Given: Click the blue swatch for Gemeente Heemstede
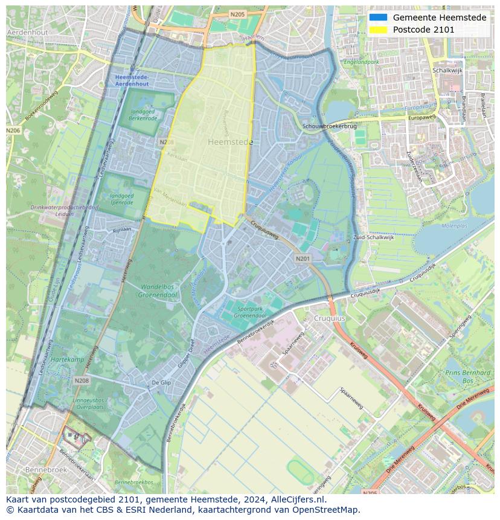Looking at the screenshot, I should [378, 18].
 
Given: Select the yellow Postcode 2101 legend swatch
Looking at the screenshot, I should [378, 30].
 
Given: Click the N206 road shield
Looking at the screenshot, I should [13, 130].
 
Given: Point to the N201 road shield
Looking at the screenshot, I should [303, 258].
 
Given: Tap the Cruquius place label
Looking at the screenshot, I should [329, 318].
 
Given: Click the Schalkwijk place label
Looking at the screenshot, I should [447, 71].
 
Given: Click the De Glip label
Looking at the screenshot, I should [161, 383].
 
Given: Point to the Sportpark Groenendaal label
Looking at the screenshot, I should [251, 312].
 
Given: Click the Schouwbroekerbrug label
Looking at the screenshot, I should [330, 126].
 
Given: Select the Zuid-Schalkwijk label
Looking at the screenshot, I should [373, 237].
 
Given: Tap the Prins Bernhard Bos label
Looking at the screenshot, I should [467, 377].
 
